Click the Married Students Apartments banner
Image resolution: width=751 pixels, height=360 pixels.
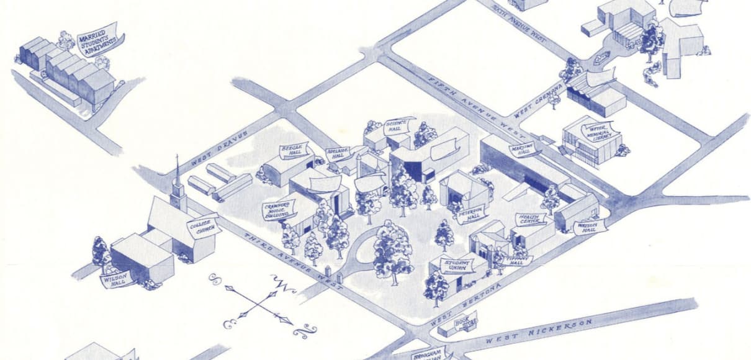click(x=97, y=39)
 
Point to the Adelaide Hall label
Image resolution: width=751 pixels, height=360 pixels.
click(x=339, y=153)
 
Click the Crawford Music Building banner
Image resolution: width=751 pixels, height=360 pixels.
click(x=278, y=210)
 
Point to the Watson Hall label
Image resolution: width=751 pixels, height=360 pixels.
click(x=588, y=227)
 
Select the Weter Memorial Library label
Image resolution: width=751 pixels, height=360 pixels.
click(x=595, y=132)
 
